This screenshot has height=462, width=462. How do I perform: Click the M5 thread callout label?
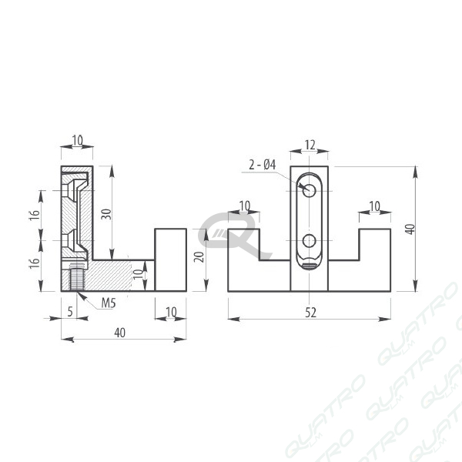[x=109, y=303]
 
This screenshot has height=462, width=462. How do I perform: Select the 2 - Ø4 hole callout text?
[x=263, y=165]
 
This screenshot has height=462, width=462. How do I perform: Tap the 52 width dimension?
[x=310, y=313]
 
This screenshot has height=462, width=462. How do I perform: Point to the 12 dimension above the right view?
[x=310, y=145]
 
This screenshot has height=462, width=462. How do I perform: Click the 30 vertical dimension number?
[x=106, y=214]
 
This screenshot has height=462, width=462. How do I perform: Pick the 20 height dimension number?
[x=199, y=257]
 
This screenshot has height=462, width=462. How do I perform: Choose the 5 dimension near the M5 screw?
[x=70, y=311]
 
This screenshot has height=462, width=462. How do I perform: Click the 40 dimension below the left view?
[x=119, y=333]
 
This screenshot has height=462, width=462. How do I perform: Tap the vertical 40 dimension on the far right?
[x=410, y=229]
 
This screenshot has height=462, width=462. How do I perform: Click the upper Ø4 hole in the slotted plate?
[x=309, y=190]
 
